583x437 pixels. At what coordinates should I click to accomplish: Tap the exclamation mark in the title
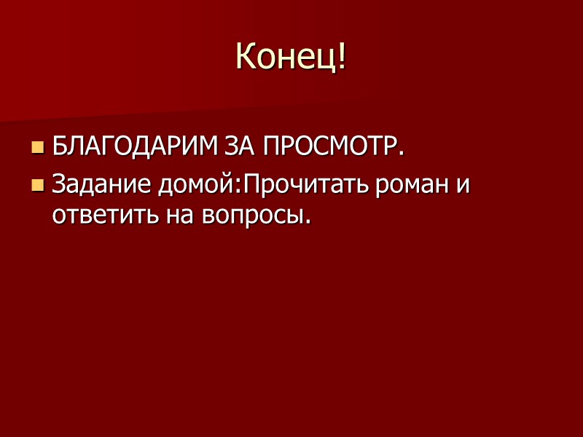[x=340, y=57]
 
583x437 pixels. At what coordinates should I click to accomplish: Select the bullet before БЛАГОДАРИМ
[x=38, y=149]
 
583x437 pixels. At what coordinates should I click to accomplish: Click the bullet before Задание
[x=38, y=186]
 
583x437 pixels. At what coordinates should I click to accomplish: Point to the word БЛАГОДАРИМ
[x=132, y=148]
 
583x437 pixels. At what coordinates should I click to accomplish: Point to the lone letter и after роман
[x=462, y=186]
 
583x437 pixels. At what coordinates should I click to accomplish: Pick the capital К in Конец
[x=246, y=57]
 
